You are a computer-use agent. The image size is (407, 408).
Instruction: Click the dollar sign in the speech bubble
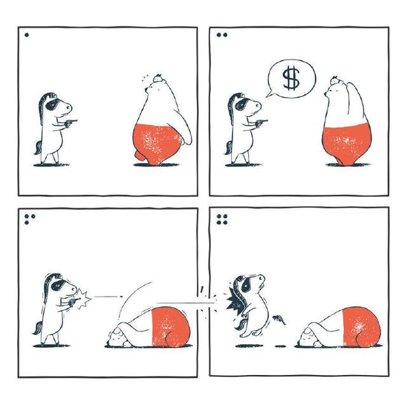[291, 78]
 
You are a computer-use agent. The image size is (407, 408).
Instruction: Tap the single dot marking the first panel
[27, 35]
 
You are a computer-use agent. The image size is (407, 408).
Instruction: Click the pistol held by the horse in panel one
[71, 122]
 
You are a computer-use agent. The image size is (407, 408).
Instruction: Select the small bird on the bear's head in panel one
[158, 77]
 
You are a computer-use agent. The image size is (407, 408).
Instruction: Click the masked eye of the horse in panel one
[52, 104]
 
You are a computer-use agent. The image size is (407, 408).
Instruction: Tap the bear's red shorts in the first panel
[156, 143]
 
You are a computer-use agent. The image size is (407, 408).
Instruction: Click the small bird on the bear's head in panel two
[335, 80]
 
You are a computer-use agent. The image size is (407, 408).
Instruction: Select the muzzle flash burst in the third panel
[83, 299]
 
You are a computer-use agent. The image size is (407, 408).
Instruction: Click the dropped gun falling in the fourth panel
[279, 319]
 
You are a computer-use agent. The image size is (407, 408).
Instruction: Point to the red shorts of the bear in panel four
[362, 327]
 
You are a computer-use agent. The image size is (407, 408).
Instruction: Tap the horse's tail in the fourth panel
[240, 322]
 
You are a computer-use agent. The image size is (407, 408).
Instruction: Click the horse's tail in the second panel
[229, 148]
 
